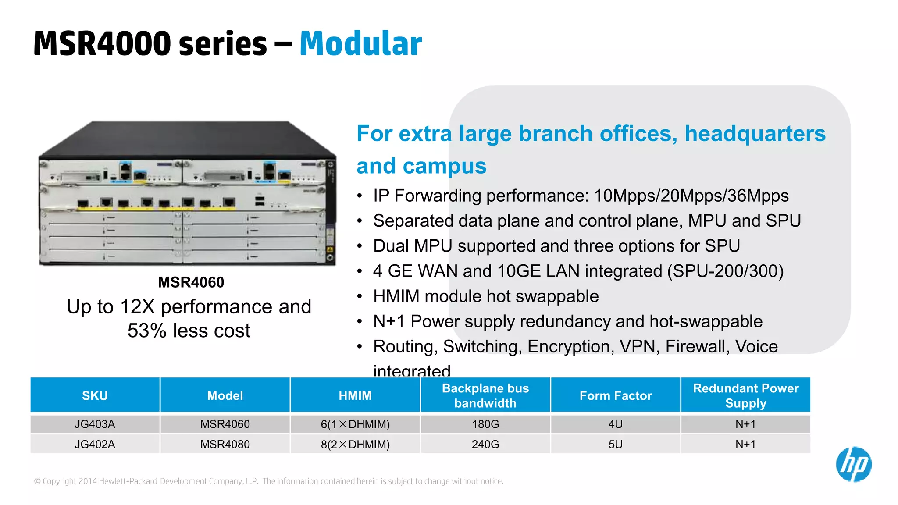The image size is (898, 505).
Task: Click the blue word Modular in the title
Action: (360, 44)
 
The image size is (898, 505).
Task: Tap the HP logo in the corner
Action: (853, 464)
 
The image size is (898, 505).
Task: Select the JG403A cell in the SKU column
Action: (95, 424)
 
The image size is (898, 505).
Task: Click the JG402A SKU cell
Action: (95, 445)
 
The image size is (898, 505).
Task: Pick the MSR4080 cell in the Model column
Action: (225, 445)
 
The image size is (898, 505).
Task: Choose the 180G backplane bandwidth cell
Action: (485, 424)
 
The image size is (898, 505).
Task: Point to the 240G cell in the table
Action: (485, 445)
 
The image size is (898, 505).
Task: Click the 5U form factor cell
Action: (615, 445)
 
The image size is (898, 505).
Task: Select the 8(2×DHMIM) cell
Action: (355, 445)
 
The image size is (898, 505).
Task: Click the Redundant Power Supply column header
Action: (745, 395)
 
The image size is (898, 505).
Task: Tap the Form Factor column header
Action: (615, 396)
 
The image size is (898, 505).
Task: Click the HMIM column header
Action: (355, 396)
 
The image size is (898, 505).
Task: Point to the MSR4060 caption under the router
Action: (191, 282)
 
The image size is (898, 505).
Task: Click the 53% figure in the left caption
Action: (147, 331)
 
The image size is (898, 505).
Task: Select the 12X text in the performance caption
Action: (137, 307)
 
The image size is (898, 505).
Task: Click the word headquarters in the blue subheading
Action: (755, 134)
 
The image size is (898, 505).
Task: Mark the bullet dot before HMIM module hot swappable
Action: (360, 297)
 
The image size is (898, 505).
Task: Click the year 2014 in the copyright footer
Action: (88, 481)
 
